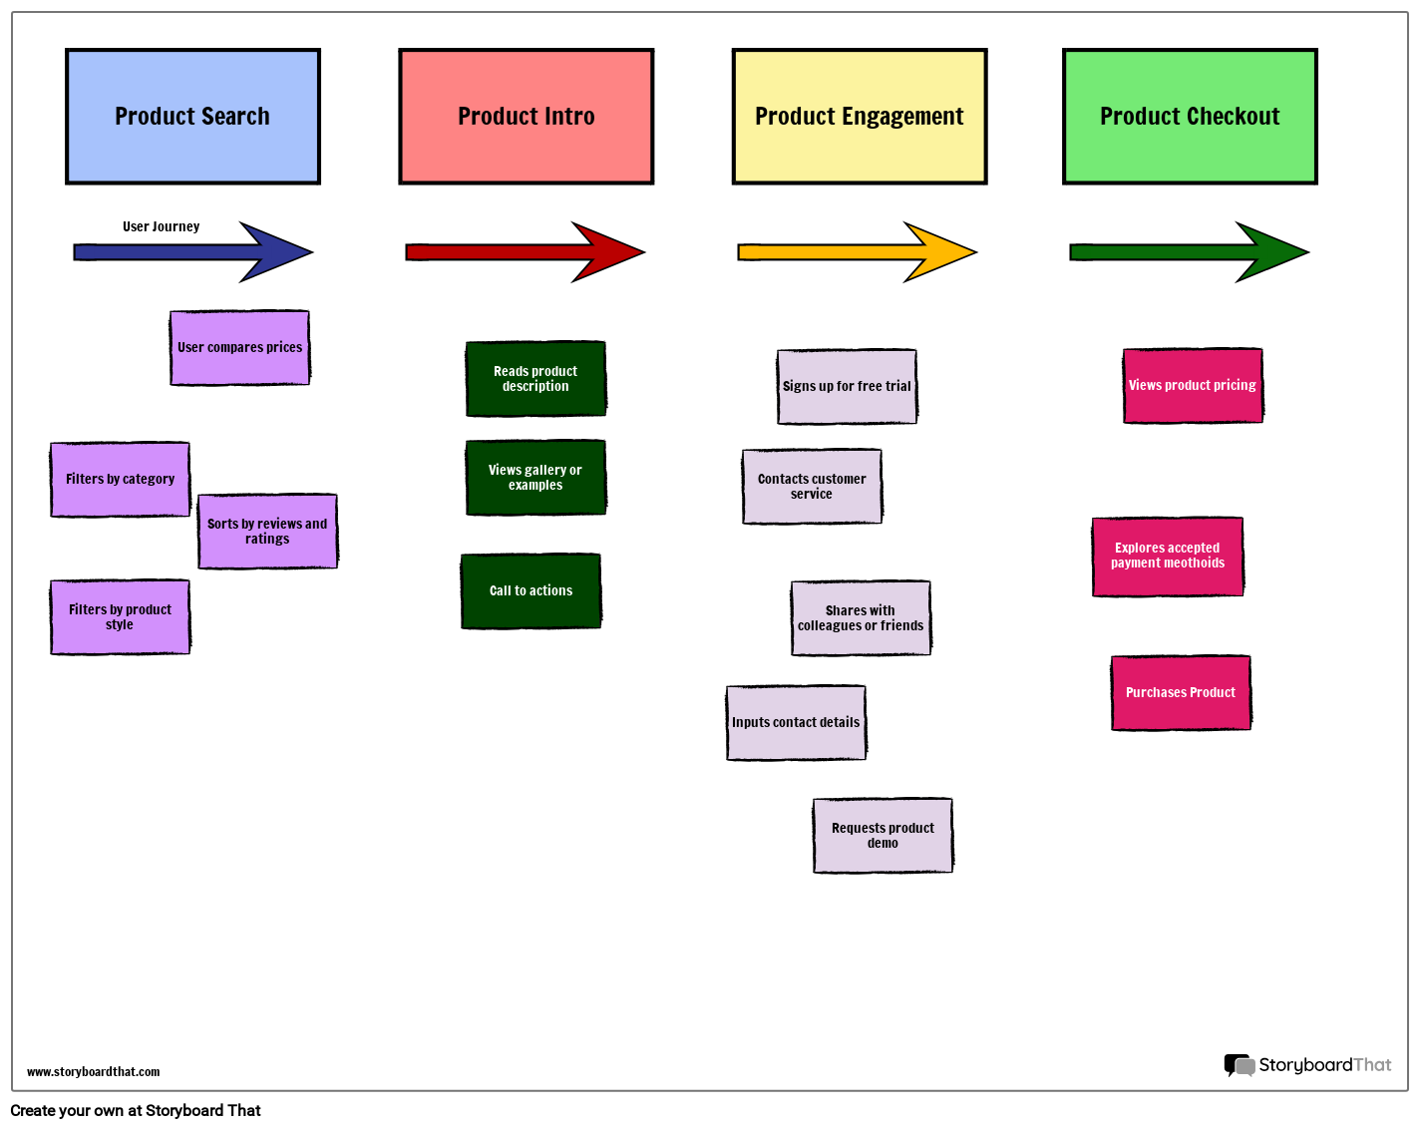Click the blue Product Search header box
coord(192,117)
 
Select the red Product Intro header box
coord(526,117)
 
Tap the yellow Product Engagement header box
coord(859,117)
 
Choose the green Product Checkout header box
coord(1190,117)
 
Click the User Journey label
coord(161,226)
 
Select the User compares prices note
coord(239,347)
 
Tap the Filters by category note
coord(120,480)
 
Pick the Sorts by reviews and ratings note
coord(267,532)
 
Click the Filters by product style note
coord(120,617)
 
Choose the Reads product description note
coord(535,379)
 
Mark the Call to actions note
coord(531,591)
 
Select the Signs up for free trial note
coord(847,387)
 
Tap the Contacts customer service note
coord(812,487)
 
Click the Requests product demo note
coord(883,836)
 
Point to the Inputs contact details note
coord(796,723)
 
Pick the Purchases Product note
coord(1181,693)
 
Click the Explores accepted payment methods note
coord(1168,557)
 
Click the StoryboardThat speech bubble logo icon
coord(1239,1065)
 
